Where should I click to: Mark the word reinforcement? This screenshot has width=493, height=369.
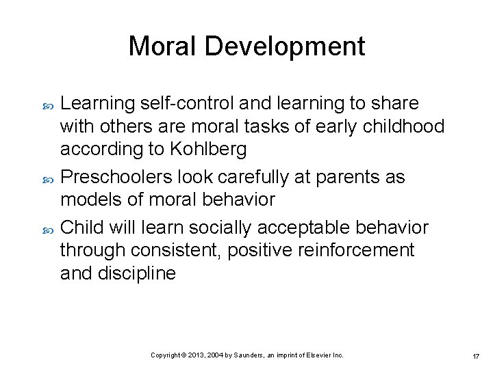355,250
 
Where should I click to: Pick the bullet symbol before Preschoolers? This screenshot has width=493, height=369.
47,178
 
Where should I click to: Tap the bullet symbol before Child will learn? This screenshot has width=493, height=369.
47,228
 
